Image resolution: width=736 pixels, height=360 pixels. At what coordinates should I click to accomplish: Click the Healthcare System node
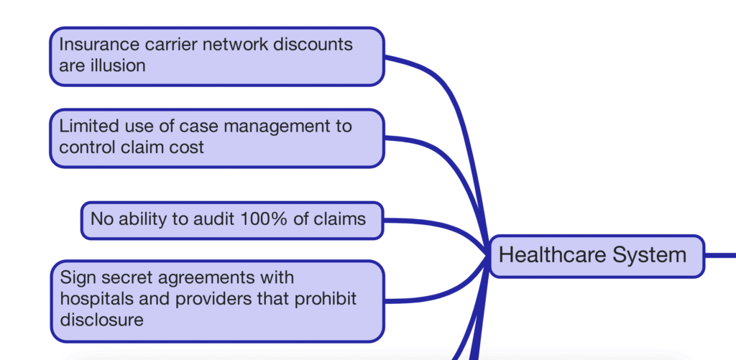(596, 256)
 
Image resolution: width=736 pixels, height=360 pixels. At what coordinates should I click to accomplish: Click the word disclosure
(101, 319)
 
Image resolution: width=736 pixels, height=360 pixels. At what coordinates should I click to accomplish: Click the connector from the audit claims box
(431, 224)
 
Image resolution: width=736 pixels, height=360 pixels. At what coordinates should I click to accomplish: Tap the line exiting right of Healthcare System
(720, 255)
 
